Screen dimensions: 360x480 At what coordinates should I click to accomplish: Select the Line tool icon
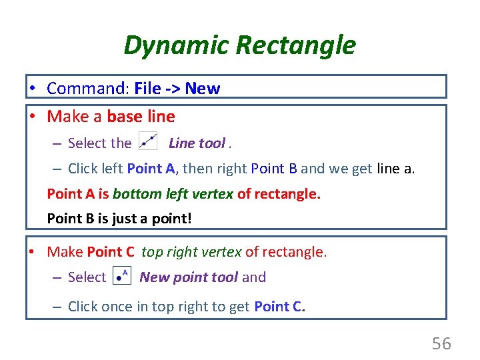point(147,142)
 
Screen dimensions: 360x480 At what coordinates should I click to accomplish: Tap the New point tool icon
point(122,276)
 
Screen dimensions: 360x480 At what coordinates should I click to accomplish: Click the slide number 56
point(441,344)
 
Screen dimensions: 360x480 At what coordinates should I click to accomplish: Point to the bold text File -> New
point(177,89)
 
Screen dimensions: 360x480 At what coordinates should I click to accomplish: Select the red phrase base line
point(141,117)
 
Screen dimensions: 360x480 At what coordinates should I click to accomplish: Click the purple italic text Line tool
point(197,143)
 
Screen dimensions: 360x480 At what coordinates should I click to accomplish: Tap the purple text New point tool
point(189,277)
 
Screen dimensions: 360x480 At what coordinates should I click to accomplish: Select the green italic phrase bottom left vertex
point(173,194)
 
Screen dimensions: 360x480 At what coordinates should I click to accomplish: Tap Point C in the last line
point(279,307)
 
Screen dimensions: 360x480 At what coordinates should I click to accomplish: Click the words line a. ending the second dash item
point(395,169)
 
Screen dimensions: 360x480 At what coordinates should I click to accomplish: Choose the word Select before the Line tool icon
point(100,143)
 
